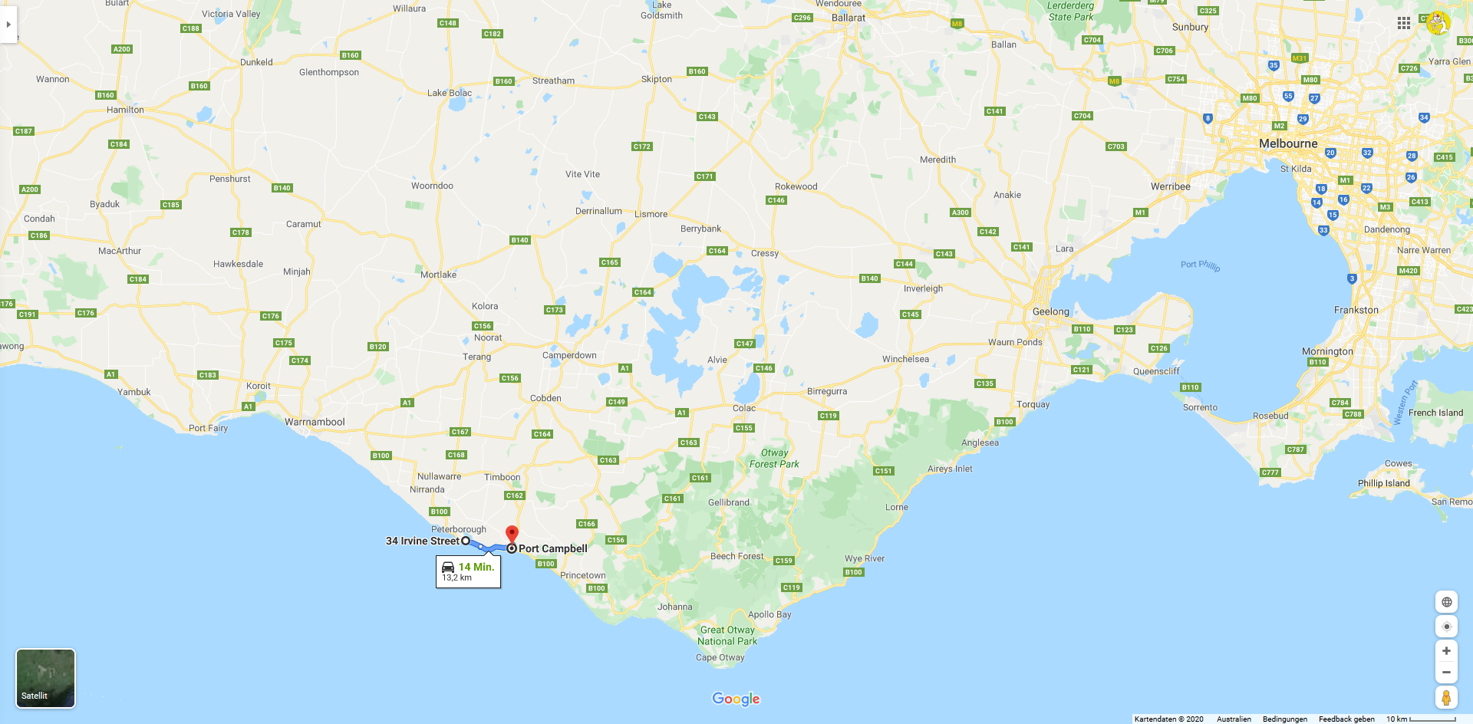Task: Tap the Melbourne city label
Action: (1288, 143)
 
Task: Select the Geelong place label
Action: (1050, 311)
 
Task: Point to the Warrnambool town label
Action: (315, 422)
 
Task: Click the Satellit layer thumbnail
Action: (45, 678)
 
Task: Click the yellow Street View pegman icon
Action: (1446, 697)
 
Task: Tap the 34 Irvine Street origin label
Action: (422, 541)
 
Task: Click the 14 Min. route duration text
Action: (476, 567)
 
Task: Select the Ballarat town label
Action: (848, 18)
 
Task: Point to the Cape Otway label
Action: (720, 657)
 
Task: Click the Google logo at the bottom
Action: (736, 699)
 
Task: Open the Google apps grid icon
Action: (1404, 23)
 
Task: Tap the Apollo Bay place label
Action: (769, 614)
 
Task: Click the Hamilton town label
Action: (125, 110)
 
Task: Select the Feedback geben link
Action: (1346, 719)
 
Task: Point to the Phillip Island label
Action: (1383, 483)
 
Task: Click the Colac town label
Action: (743, 408)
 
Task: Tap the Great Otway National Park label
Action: (727, 636)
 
